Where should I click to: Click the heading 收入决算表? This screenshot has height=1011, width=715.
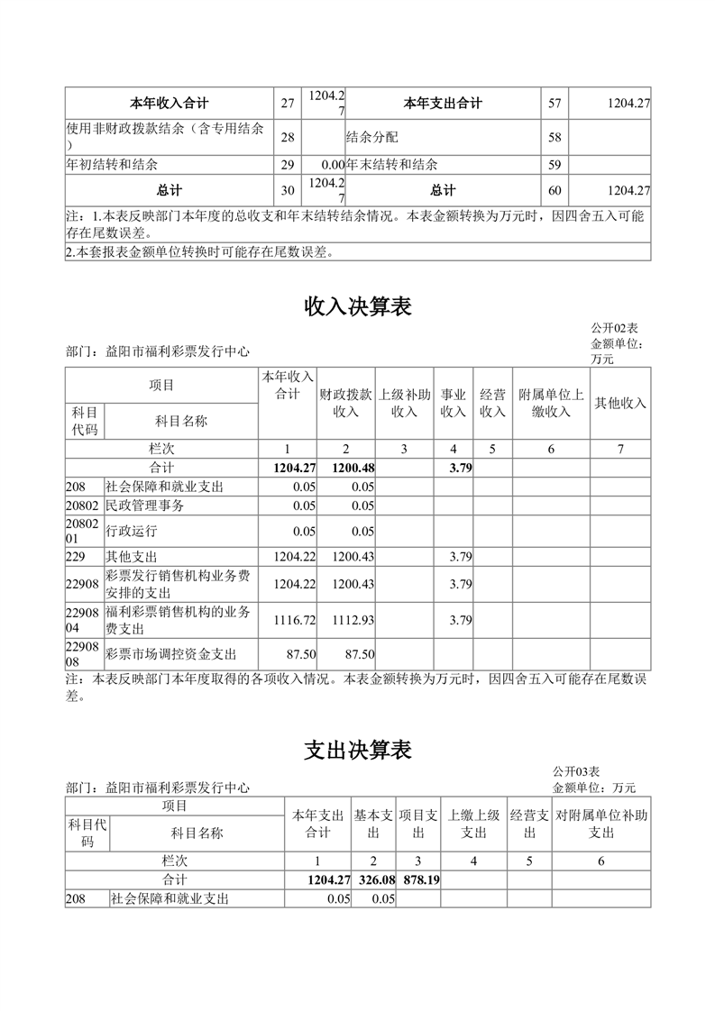tap(358, 307)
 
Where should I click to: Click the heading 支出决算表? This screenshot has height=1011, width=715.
tap(358, 749)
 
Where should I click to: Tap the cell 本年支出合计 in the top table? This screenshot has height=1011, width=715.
tap(442, 104)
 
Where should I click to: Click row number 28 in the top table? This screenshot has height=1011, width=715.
tap(288, 138)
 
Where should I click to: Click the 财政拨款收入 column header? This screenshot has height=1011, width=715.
tap(346, 403)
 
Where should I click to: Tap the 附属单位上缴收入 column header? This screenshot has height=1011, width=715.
tap(551, 403)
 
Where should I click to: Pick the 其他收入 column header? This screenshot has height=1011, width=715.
tap(620, 403)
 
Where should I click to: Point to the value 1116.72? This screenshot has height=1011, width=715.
tap(295, 621)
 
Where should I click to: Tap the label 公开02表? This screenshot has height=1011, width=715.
tap(614, 328)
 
